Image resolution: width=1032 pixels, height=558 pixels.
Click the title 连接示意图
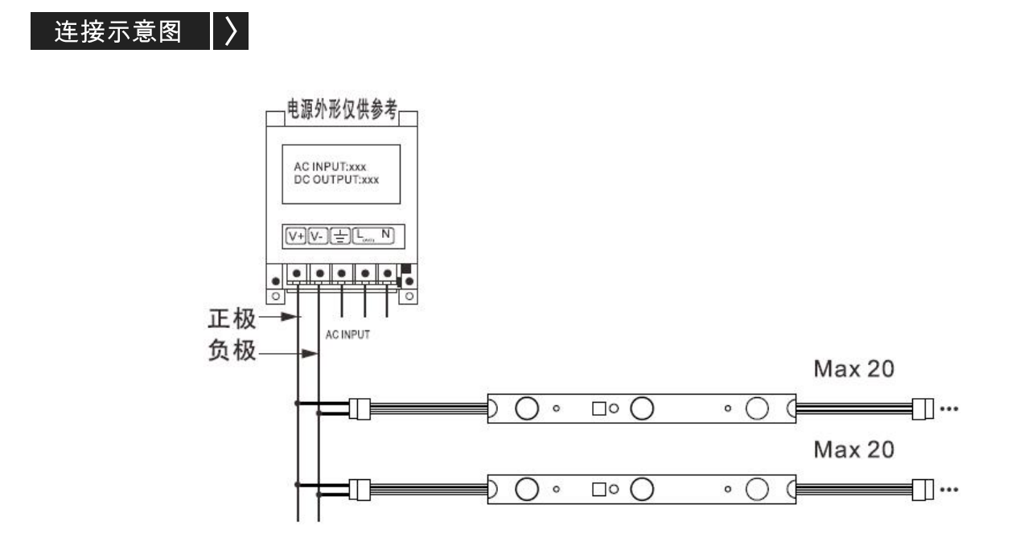pyautogui.click(x=118, y=31)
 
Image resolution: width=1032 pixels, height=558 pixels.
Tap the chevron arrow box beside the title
pyautogui.click(x=231, y=31)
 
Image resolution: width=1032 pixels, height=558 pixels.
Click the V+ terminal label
pyautogui.click(x=296, y=236)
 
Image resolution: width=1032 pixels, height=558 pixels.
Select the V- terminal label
pyautogui.click(x=318, y=236)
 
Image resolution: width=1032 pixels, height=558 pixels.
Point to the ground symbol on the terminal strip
pyautogui.click(x=340, y=236)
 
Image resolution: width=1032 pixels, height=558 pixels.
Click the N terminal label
pyautogui.click(x=385, y=234)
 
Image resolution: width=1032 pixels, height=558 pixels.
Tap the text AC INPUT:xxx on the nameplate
pyautogui.click(x=330, y=166)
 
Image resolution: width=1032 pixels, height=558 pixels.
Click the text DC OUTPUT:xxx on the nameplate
pyautogui.click(x=336, y=179)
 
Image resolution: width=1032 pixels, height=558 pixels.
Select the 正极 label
pyautogui.click(x=232, y=318)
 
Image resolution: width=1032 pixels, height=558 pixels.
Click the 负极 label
pyautogui.click(x=232, y=351)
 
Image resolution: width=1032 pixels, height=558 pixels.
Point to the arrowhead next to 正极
pyautogui.click(x=290, y=317)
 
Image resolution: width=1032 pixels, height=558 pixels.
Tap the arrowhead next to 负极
pyautogui.click(x=310, y=354)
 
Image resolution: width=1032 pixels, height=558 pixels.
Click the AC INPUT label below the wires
pyautogui.click(x=347, y=334)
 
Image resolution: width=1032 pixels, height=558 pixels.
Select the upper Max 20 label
pyautogui.click(x=853, y=369)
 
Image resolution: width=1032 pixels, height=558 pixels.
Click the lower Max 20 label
pyautogui.click(x=853, y=449)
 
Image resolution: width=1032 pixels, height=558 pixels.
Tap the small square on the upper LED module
pyautogui.click(x=599, y=408)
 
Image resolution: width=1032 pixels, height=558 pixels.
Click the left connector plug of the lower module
pyautogui.click(x=360, y=490)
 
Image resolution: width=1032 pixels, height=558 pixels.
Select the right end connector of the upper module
pyautogui.click(x=923, y=408)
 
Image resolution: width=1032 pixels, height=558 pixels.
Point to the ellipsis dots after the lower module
pyautogui.click(x=949, y=490)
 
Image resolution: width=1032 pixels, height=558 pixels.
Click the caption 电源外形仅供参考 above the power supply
pyautogui.click(x=342, y=109)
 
